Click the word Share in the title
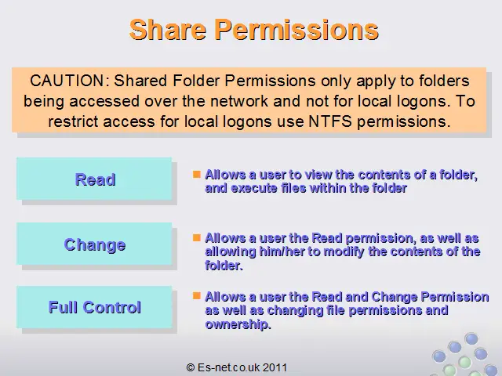(168, 30)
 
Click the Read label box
(94, 179)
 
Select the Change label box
(94, 244)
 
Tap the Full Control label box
(94, 307)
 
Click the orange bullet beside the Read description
(197, 174)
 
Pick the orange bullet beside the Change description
(197, 237)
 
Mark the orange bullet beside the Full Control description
(197, 296)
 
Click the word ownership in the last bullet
(238, 324)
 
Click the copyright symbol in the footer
(191, 367)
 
